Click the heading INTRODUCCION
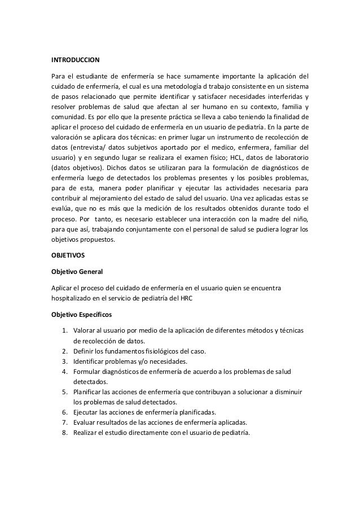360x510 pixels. [x=76, y=59]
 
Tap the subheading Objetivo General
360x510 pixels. [x=77, y=272]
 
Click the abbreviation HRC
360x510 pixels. [x=185, y=299]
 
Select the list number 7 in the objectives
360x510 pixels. [x=65, y=422]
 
